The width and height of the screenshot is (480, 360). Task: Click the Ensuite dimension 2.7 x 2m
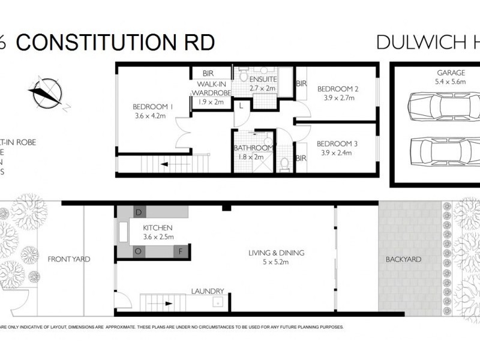tap(263, 88)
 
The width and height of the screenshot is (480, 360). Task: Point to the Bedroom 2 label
tap(337, 89)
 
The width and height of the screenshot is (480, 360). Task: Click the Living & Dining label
tap(277, 253)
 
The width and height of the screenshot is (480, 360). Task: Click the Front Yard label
tap(69, 259)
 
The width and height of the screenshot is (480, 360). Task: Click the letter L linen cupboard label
tap(241, 106)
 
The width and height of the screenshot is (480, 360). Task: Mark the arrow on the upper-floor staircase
tap(170, 163)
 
